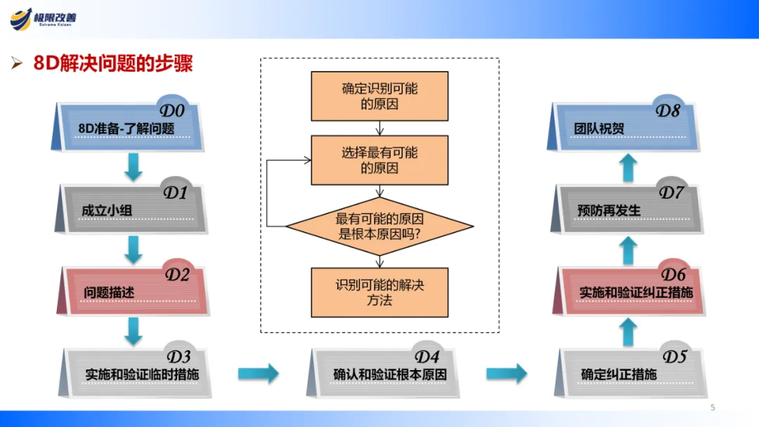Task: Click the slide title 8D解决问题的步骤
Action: click(112, 64)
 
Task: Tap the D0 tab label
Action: click(172, 111)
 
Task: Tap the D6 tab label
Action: click(673, 273)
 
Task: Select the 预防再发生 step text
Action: click(609, 210)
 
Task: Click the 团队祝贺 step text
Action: click(599, 129)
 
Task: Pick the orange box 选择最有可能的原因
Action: click(379, 160)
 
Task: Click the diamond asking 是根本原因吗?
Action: click(379, 226)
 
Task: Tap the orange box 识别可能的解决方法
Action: click(379, 292)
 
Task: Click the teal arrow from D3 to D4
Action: click(258, 374)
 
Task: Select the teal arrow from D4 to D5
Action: click(506, 374)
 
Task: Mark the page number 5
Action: click(713, 407)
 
